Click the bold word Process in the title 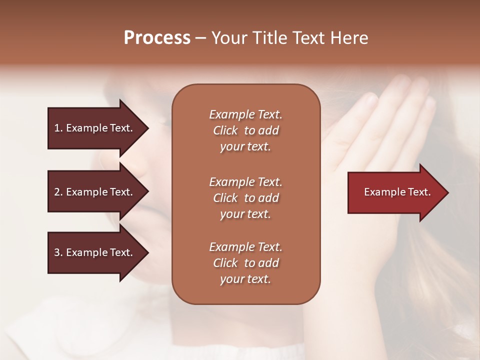point(157,38)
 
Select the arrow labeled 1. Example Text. point(95,128)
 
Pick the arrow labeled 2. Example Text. point(95,192)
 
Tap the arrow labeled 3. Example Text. point(95,252)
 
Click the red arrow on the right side point(395,192)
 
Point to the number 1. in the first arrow point(58,128)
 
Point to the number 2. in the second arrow point(58,192)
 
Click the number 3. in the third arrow point(58,252)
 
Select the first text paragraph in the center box point(245,130)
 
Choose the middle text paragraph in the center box point(245,198)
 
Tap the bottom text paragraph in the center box point(245,263)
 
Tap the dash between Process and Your point(200,38)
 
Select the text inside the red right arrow point(397,192)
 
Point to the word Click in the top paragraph point(225,130)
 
